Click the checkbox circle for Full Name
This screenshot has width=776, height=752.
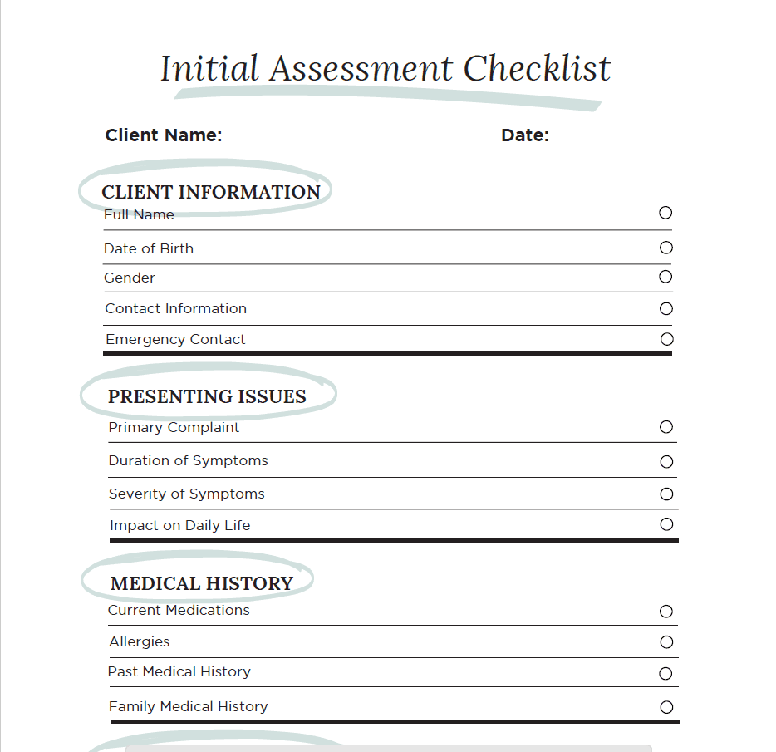click(665, 213)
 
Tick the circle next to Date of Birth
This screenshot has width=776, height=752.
click(665, 248)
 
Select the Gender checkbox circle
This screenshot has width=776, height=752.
click(665, 277)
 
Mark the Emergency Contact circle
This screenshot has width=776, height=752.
click(666, 339)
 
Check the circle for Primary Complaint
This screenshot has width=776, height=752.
click(666, 427)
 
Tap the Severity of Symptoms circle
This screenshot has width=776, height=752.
click(666, 494)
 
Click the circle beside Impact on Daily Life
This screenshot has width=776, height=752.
click(666, 524)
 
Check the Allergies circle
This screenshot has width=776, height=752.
click(666, 642)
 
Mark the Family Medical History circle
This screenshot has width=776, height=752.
click(666, 708)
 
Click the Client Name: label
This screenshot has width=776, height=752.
click(164, 135)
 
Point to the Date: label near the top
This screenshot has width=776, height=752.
click(525, 135)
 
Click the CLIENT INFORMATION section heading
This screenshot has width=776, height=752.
click(211, 192)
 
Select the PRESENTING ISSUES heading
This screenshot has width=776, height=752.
click(207, 397)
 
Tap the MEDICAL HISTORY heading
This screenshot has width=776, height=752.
click(202, 583)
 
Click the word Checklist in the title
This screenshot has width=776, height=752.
click(537, 68)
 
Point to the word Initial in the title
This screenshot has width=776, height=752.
click(209, 68)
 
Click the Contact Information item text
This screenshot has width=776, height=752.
click(176, 308)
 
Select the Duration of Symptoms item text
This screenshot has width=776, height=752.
click(189, 460)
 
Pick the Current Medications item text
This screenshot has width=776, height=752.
click(179, 610)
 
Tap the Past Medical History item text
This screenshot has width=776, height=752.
click(179, 671)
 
